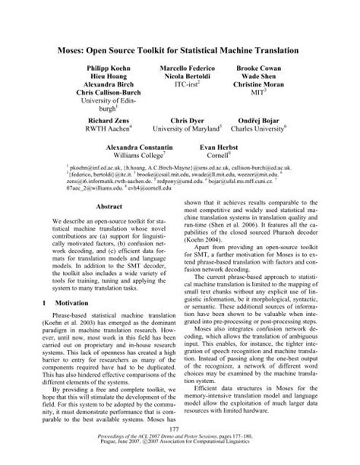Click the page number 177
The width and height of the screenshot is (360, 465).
point(180,432)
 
